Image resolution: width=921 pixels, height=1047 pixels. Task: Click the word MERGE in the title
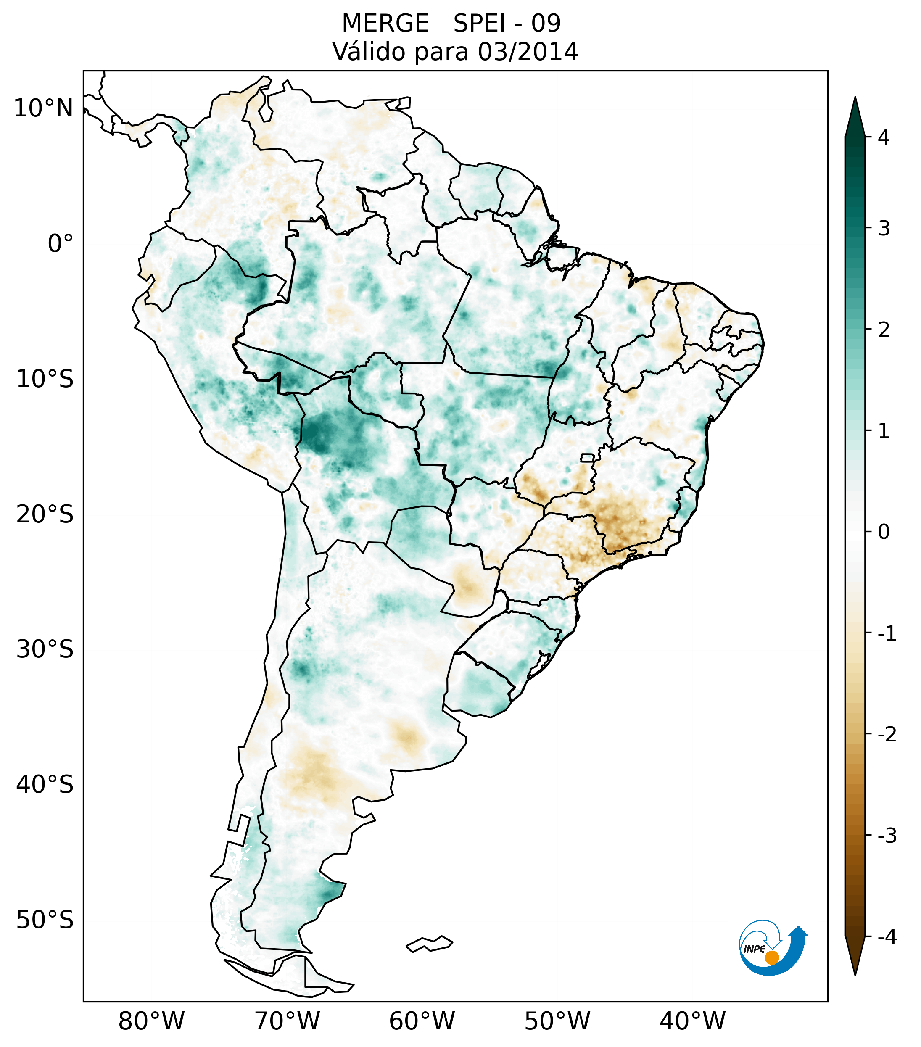coord(385,24)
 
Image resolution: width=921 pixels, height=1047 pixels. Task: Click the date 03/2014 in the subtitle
coord(528,52)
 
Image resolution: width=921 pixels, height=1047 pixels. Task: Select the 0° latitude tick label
coord(61,244)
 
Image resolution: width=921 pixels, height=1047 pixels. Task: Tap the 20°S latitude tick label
coord(45,514)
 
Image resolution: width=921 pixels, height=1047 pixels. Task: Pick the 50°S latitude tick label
coord(45,920)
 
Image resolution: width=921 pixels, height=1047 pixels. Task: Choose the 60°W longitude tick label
coord(422,1021)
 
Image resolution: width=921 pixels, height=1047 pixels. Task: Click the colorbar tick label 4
coord(884,137)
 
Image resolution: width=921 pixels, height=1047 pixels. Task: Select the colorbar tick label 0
coord(884,532)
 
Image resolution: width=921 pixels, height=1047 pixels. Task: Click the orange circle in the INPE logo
coord(771,957)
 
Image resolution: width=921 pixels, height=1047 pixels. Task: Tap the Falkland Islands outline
coord(429,944)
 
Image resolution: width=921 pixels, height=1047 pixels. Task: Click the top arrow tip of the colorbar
coord(855,99)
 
